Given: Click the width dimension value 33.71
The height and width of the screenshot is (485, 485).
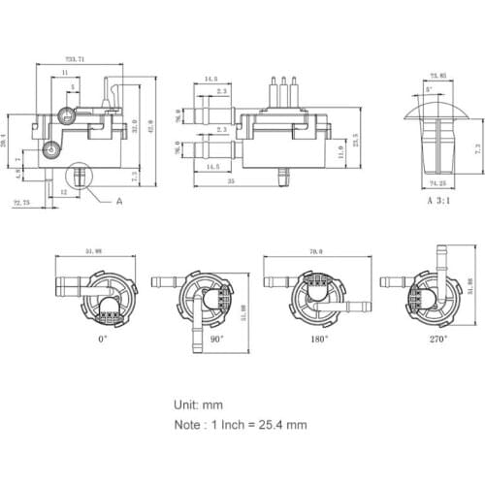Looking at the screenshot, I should [x=75, y=59].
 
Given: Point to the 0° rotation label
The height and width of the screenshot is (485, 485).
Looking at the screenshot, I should [x=102, y=339].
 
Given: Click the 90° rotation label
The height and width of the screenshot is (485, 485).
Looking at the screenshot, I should [x=215, y=339].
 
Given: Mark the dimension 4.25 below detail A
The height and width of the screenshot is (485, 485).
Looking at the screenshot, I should [x=438, y=181].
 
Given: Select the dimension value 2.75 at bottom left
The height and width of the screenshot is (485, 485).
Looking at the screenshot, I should [x=19, y=204].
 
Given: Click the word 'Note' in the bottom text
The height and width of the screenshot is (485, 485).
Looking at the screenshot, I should [x=189, y=424].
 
